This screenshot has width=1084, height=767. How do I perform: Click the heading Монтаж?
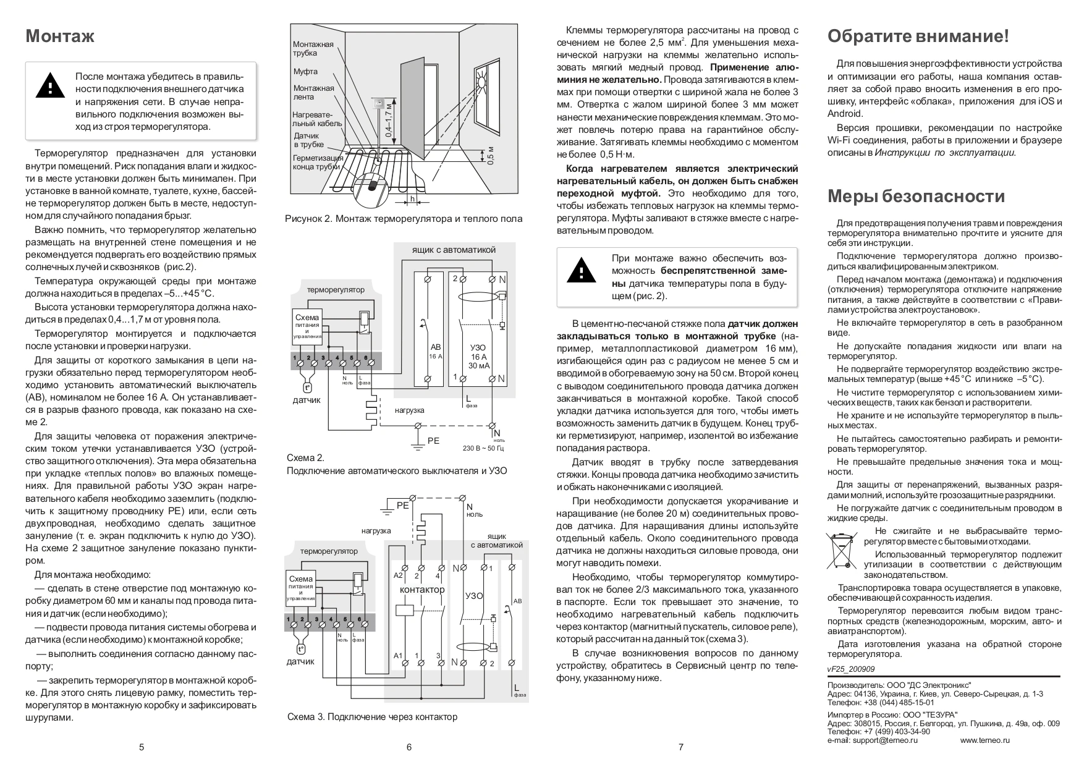(60, 36)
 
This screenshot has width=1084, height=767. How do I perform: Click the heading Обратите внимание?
(918, 36)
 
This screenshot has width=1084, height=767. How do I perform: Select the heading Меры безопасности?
(915, 197)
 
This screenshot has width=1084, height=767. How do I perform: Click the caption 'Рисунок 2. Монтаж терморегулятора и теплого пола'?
(404, 219)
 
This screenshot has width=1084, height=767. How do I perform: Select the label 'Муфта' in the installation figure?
(305, 72)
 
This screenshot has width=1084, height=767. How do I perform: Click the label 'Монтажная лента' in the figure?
(313, 92)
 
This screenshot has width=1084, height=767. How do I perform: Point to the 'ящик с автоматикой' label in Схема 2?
(454, 250)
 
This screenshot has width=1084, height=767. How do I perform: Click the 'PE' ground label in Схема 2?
(433, 441)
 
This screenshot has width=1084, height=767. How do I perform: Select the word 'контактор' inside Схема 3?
(422, 590)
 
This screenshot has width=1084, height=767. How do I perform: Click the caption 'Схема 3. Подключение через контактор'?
(372, 717)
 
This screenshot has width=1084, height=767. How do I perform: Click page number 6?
(409, 747)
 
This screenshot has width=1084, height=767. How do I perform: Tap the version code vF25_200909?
(851, 669)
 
